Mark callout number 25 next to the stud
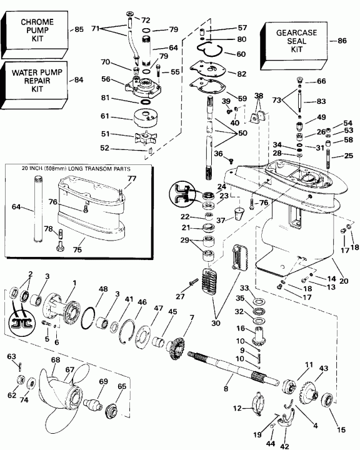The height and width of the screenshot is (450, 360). [x=349, y=156]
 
